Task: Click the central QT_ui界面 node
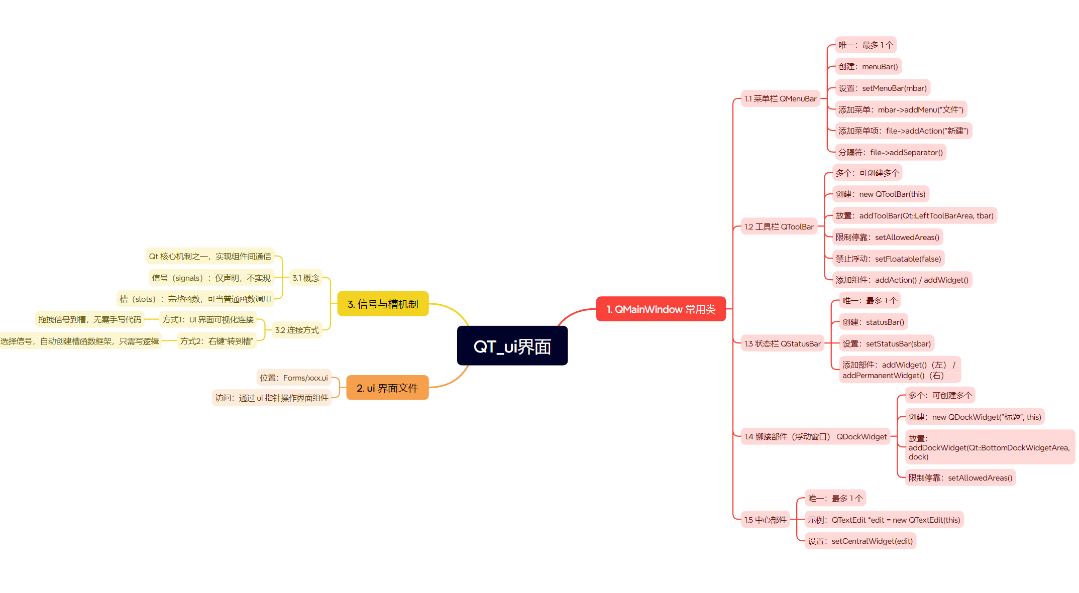click(512, 346)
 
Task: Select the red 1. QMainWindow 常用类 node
click(661, 309)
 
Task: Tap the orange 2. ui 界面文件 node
click(387, 388)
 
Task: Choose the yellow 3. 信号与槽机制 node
click(383, 304)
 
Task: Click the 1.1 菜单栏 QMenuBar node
click(780, 99)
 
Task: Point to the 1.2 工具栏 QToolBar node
click(779, 227)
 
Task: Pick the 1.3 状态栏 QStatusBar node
click(782, 344)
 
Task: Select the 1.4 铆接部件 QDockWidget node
click(815, 437)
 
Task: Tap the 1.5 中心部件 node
click(765, 520)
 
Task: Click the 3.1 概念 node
click(306, 278)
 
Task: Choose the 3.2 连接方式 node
click(297, 330)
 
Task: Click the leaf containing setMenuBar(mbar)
click(882, 88)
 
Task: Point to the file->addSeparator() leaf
click(890, 153)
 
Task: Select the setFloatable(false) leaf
click(888, 259)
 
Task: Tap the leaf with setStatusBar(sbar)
click(886, 344)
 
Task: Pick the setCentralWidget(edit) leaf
click(860, 541)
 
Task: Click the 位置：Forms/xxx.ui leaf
click(294, 378)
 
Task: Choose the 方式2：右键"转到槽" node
click(217, 341)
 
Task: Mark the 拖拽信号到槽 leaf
click(90, 320)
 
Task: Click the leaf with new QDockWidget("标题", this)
click(975, 417)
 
